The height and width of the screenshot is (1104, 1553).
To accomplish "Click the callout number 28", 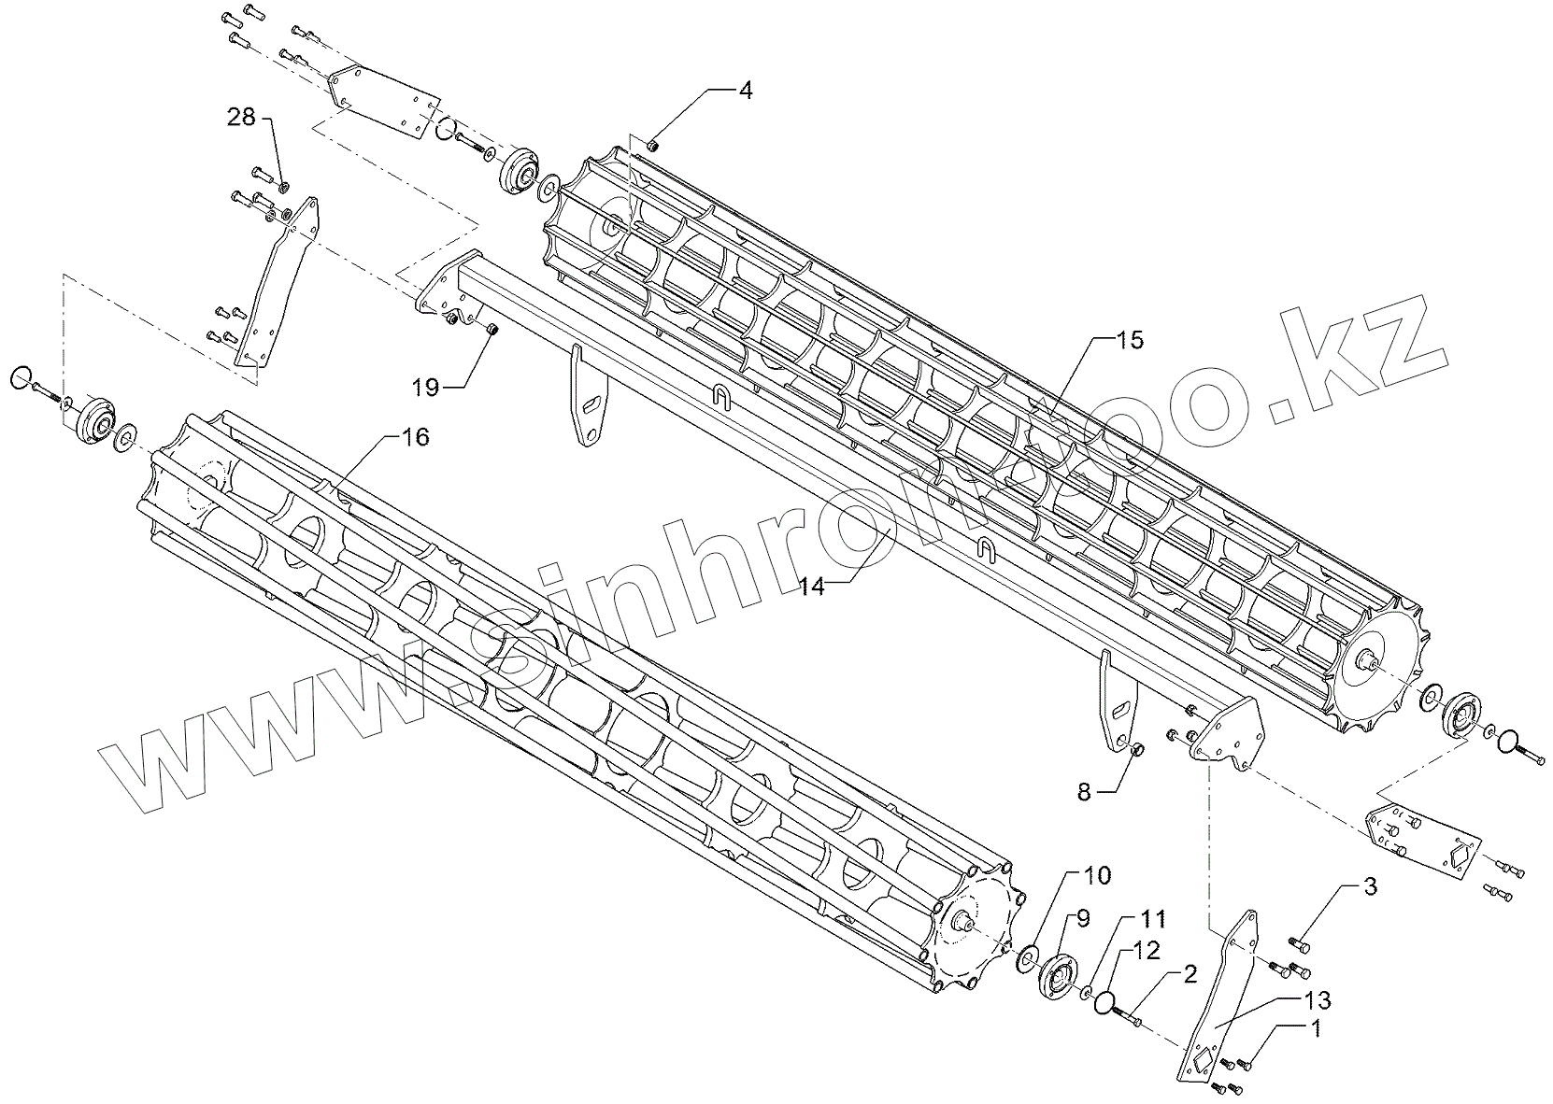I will click(x=241, y=117).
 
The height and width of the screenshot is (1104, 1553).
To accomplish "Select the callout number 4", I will click(x=745, y=91).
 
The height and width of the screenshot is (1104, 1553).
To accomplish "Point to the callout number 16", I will click(x=416, y=436).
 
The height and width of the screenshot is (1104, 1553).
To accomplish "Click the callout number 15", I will click(x=1129, y=340).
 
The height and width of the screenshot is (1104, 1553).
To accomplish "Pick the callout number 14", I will click(x=812, y=587).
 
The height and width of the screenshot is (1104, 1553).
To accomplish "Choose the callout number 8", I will click(x=1084, y=792).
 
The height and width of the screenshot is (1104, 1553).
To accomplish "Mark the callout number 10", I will click(x=1097, y=875).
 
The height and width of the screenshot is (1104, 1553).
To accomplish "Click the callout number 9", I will click(x=1083, y=918).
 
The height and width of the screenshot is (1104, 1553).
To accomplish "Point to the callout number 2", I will click(x=1190, y=974).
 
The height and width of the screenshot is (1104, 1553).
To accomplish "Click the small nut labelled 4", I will click(x=653, y=144).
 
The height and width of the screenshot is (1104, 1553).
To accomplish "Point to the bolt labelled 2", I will click(x=1128, y=1015).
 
